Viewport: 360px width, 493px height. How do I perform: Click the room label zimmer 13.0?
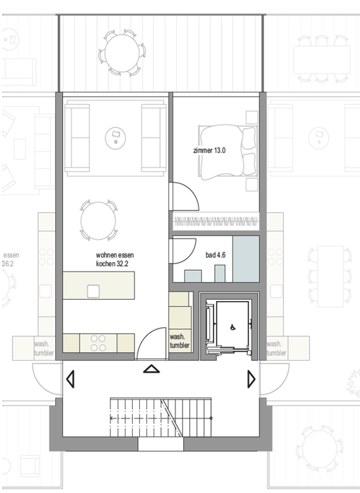click(210, 151)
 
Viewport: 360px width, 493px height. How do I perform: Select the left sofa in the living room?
click(78, 137)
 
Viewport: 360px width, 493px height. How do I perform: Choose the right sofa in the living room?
click(154, 137)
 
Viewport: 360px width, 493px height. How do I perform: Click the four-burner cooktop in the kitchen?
click(99, 343)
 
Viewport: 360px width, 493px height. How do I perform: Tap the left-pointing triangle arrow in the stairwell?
click(70, 379)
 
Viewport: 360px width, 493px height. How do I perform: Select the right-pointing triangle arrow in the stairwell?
click(251, 379)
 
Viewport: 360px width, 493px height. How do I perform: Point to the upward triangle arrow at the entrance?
click(152, 369)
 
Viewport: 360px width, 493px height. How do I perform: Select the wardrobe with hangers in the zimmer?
click(215, 220)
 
